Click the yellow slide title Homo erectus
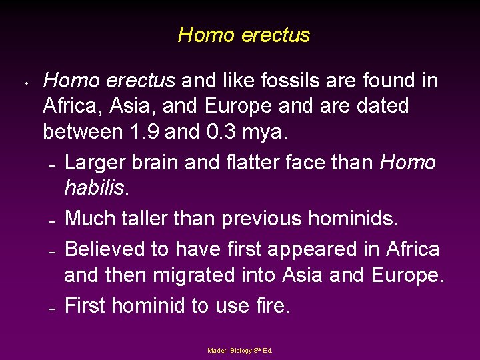[244, 35]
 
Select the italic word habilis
[94, 188]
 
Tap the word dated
[381, 106]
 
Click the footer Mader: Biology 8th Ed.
[240, 350]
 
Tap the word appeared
[303, 250]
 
